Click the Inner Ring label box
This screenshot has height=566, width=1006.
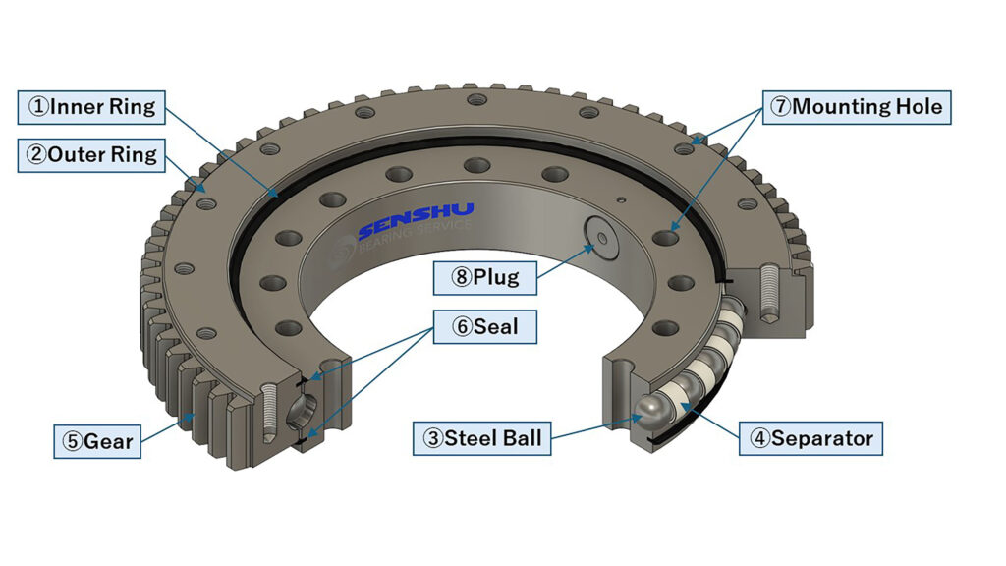click(91, 107)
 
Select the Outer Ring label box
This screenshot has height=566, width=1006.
click(91, 155)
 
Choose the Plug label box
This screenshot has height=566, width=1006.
click(485, 277)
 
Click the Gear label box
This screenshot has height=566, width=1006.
click(94, 441)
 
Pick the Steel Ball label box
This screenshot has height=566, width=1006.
click(480, 438)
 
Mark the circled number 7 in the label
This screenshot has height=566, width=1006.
click(780, 107)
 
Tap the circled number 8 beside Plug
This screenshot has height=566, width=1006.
click(461, 277)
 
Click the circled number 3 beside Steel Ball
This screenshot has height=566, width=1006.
click(432, 438)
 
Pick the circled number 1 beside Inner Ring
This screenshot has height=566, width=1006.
click(37, 107)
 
